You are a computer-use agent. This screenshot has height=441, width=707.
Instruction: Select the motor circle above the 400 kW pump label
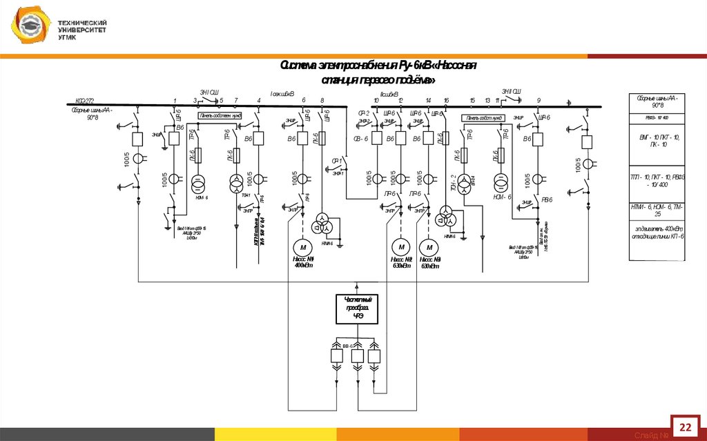point(301,246)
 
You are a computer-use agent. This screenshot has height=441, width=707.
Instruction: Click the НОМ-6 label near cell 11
point(501,197)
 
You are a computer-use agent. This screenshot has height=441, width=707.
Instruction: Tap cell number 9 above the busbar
point(539,101)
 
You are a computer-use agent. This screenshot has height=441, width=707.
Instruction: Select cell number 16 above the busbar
point(447,101)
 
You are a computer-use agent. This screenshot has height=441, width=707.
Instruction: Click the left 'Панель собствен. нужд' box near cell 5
point(220,116)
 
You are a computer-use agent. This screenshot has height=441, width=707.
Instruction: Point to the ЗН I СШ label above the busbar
point(209,92)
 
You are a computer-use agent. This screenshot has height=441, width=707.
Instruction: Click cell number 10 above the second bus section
point(376,101)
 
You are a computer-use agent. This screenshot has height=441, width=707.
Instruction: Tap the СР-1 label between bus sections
point(337,161)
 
